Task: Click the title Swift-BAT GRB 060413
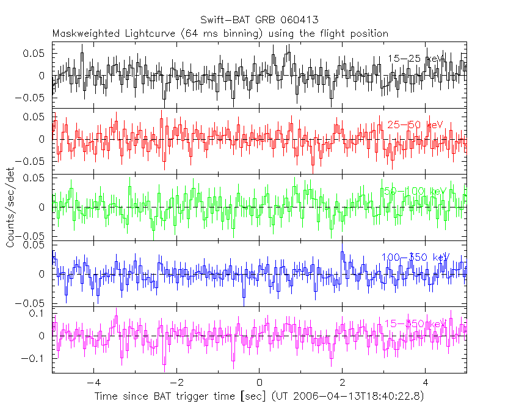pos(259,20)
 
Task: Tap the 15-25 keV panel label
pos(415,59)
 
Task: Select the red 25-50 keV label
pos(415,125)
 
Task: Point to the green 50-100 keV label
pos(415,191)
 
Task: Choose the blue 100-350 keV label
pos(415,257)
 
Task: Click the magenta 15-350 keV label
pos(415,323)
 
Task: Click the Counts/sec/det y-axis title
pos(10,208)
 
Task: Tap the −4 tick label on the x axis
pos(92,383)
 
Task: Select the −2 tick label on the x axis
pos(175,383)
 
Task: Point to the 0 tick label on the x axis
pos(259,383)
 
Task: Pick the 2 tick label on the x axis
pos(343,383)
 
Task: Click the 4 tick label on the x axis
pos(426,383)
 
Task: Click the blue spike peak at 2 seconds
pos(342,253)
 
